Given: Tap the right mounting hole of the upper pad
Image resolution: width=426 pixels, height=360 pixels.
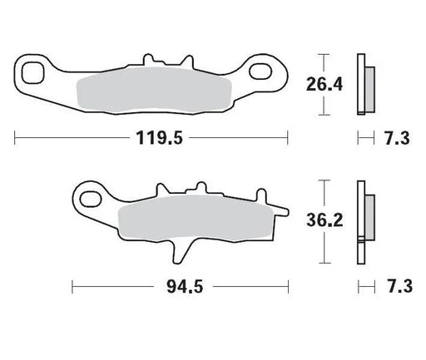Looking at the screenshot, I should pyautogui.click(x=269, y=72).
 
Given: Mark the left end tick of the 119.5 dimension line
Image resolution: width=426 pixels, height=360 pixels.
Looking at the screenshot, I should pyautogui.click(x=15, y=136).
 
